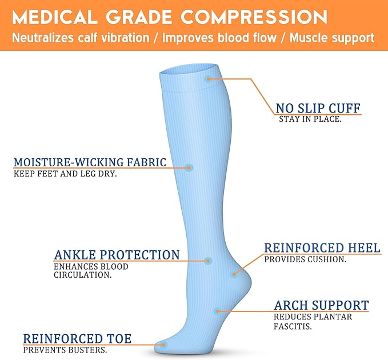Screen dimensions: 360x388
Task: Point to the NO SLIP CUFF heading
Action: [x=318, y=108]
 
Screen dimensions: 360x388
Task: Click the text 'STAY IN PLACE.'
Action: [x=310, y=119]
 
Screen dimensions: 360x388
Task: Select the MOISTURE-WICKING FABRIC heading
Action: [x=90, y=162]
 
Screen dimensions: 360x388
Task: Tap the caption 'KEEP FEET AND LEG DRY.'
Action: [x=65, y=174]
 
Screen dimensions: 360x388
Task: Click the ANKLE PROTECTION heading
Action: [x=117, y=255]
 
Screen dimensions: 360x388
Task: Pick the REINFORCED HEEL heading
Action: [x=322, y=248]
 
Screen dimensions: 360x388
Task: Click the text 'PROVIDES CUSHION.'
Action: [x=305, y=259]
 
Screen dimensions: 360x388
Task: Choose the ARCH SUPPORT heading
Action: [x=321, y=305]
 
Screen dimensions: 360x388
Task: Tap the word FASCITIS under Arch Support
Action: [x=293, y=327]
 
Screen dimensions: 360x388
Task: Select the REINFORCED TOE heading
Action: [x=77, y=339]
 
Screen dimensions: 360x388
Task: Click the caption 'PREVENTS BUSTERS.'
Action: [x=65, y=350]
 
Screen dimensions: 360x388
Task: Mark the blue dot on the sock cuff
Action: [x=209, y=79]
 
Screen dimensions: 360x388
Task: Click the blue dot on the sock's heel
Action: [x=234, y=274]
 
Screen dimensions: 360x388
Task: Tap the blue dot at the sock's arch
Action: [x=217, y=311]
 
